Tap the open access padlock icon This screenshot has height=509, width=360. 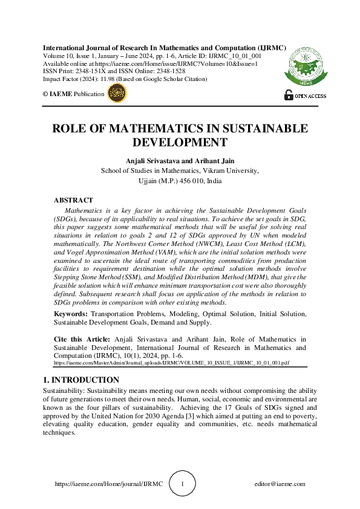[289, 95]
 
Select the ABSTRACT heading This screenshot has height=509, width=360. [73, 200]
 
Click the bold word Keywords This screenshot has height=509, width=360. [71, 314]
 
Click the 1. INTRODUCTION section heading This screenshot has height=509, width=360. [81, 380]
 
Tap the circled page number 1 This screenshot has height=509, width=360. [182, 484]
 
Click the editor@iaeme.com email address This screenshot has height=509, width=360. [280, 484]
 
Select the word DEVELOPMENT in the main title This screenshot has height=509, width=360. [180, 143]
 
